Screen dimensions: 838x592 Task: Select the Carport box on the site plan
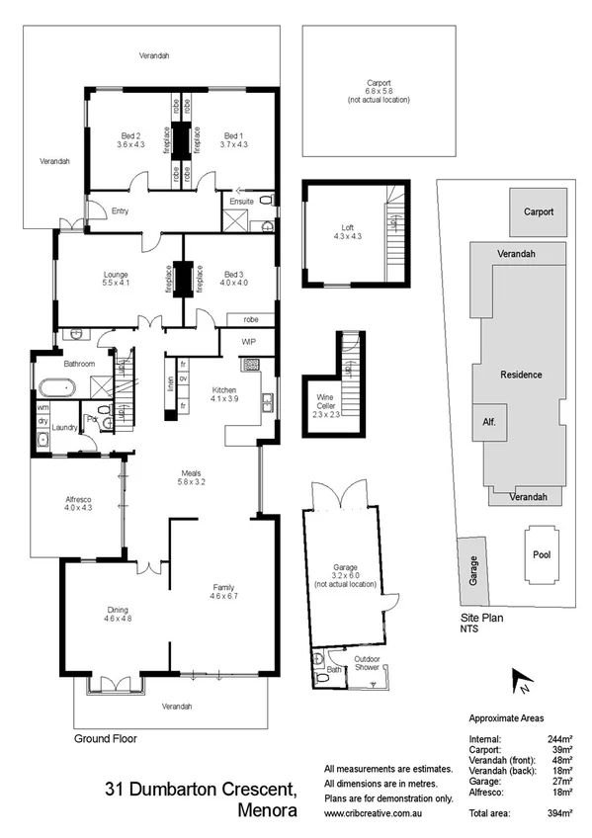click(x=539, y=212)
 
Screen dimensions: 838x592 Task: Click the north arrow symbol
click(x=520, y=680)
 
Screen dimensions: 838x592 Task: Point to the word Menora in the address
click(x=268, y=812)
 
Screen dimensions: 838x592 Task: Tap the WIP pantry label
click(x=249, y=343)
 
